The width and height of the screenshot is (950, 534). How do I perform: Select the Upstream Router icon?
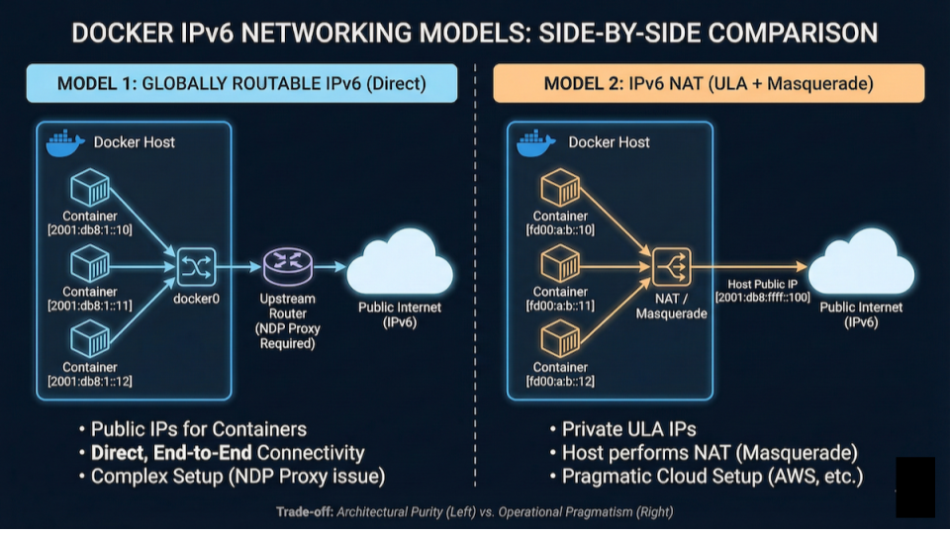click(288, 265)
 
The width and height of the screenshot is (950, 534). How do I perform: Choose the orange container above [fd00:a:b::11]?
click(560, 263)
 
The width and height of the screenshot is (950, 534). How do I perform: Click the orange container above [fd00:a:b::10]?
click(560, 187)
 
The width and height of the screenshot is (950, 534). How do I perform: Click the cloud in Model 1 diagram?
click(399, 263)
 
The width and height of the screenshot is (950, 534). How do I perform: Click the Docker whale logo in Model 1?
click(65, 142)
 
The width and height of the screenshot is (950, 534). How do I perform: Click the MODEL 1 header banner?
click(241, 83)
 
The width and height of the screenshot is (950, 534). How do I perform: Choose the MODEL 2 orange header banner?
click(709, 83)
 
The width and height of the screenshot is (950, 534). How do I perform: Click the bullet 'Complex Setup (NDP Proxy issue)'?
click(237, 477)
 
